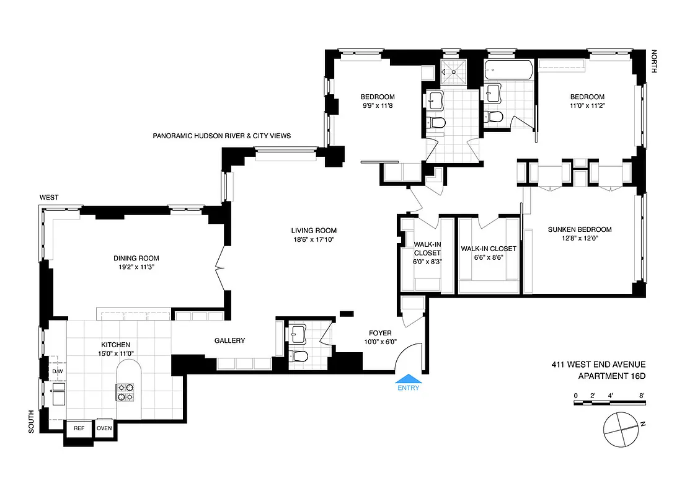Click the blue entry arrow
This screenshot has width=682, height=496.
pos(409,378)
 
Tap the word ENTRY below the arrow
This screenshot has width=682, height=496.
pos(409,389)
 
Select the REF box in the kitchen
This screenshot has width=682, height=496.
pos(79,428)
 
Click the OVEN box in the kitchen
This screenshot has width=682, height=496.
pos(104,428)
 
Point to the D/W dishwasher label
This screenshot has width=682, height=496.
pos(57,371)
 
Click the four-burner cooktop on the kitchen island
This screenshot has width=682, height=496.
pos(125,392)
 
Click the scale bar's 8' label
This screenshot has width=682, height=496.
pos(642,395)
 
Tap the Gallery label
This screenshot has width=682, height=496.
pos(229,340)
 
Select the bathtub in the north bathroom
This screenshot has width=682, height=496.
pos(508,70)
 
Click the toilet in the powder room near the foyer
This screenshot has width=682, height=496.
pos(299,355)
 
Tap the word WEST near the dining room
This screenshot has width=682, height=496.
pos(49,197)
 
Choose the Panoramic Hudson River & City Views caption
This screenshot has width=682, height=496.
pos(221,136)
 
